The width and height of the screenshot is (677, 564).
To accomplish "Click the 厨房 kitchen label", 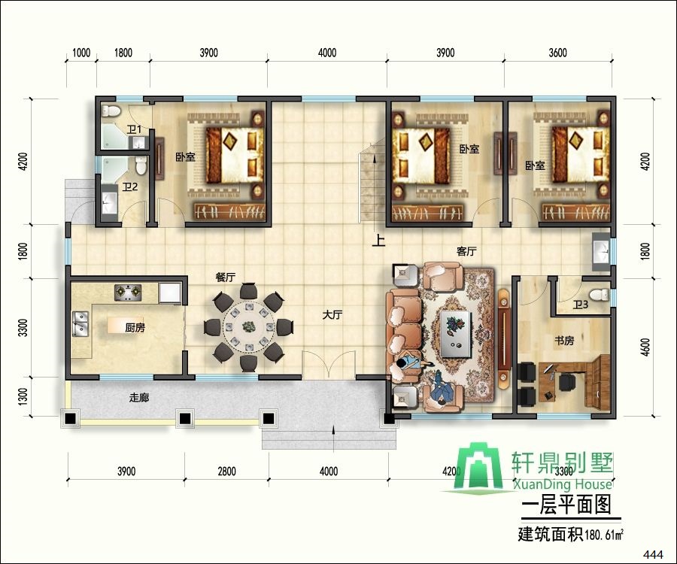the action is (135, 328).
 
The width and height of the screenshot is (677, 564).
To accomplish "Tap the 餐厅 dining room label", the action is (226, 277).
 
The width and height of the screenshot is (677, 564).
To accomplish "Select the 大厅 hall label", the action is (332, 314).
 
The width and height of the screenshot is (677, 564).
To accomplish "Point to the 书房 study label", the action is (564, 341).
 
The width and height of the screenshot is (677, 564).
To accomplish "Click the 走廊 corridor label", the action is (139, 398).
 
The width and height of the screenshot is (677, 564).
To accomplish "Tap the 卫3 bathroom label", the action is (580, 305).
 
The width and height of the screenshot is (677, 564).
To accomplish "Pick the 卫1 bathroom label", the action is (135, 129).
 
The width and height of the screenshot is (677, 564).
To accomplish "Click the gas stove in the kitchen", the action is (128, 293).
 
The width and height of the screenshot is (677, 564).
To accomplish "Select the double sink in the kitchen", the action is (80, 323).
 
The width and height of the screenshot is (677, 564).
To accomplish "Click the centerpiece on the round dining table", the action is (249, 326).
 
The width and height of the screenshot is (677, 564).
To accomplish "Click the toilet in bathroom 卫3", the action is (600, 296).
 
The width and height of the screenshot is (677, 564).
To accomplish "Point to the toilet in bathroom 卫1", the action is (111, 110).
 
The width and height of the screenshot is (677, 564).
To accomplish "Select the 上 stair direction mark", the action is (378, 241).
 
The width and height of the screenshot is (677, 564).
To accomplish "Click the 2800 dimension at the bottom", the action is (226, 471).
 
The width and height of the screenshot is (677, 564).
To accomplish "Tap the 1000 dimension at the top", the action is (81, 53).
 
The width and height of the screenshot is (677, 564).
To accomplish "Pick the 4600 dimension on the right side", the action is (645, 347).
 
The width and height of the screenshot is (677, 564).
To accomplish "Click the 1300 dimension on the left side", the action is (23, 396).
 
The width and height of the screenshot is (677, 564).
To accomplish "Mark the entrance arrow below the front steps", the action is (333, 438).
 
